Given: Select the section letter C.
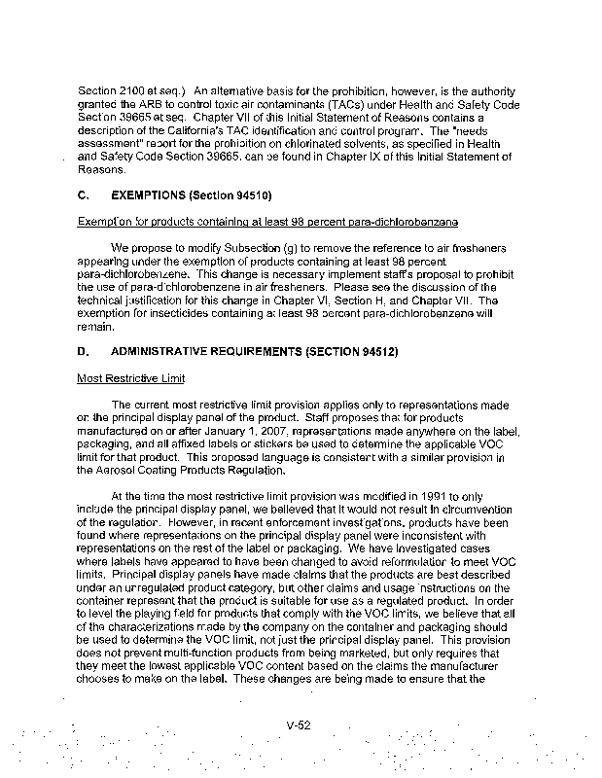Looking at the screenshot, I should click(82, 194).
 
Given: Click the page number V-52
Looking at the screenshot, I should click(299, 724).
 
